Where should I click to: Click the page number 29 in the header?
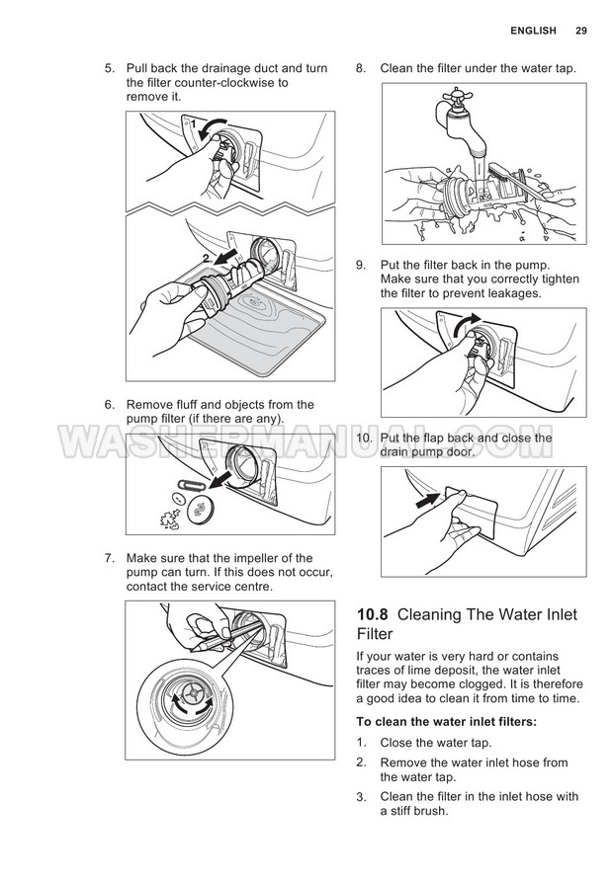581,31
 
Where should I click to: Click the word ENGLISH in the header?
533,31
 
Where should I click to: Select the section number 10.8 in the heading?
373,615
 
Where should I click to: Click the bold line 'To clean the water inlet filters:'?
446,721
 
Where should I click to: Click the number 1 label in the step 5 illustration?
194,124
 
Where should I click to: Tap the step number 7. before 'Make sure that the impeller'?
111,558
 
